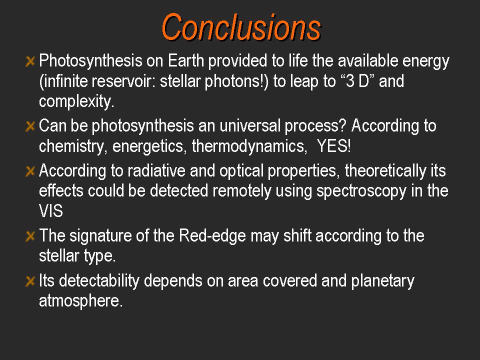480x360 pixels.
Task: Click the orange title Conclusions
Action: click(241, 27)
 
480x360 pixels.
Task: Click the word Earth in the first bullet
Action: click(186, 60)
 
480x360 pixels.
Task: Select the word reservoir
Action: click(123, 81)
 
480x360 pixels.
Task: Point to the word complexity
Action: click(76, 101)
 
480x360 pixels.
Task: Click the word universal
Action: click(250, 125)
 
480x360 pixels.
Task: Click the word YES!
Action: click(333, 145)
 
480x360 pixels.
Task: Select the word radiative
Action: click(156, 170)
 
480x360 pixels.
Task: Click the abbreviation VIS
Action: click(51, 211)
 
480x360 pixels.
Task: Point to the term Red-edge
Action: click(212, 235)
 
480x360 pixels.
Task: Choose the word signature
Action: click(100, 236)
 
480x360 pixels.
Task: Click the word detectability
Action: click(99, 280)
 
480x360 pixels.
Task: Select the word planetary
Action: click(382, 281)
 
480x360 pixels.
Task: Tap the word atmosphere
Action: click(81, 301)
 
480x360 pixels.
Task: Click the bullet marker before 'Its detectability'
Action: click(30, 281)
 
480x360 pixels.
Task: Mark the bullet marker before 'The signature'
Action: click(30, 236)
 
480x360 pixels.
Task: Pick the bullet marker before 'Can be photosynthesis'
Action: click(30, 126)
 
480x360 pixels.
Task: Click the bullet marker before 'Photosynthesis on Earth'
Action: click(30, 61)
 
